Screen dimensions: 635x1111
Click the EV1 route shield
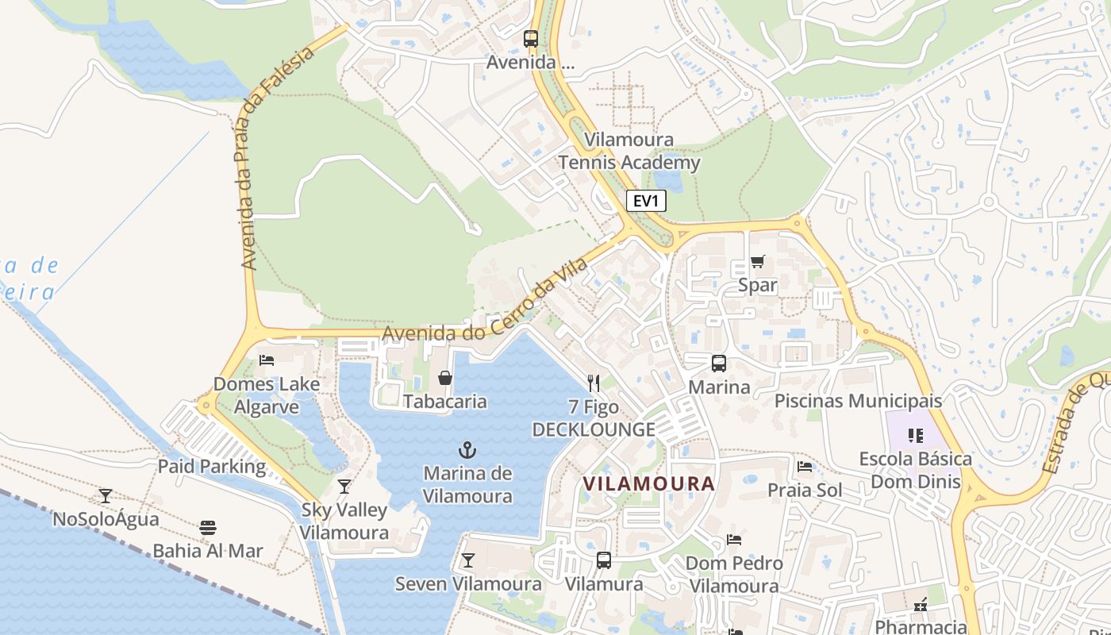[x=646, y=201]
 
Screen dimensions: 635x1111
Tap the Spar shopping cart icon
[x=758, y=262]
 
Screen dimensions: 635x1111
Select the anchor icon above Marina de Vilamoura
[x=467, y=451]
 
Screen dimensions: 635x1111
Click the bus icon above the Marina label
[x=719, y=364]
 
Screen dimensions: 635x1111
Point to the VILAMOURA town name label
[x=648, y=483]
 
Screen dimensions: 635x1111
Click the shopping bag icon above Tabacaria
[x=445, y=378]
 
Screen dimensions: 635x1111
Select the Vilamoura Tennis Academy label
[x=629, y=152]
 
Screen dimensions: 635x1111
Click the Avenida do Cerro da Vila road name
[x=486, y=300]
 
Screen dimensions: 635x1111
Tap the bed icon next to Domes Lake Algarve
[x=267, y=360]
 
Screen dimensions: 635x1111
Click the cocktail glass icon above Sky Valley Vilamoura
[x=344, y=486]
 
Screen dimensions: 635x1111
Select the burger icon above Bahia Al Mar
[x=208, y=528]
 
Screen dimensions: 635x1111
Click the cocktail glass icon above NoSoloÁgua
[x=106, y=496]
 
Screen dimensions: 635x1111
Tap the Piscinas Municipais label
[x=858, y=401]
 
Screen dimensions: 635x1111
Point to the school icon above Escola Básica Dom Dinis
[x=916, y=435]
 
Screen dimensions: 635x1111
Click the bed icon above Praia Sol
[x=805, y=467]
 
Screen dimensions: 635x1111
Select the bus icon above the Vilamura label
[x=604, y=560]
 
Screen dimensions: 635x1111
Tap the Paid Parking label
[x=212, y=466]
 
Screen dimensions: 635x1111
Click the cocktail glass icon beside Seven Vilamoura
[x=468, y=560]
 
